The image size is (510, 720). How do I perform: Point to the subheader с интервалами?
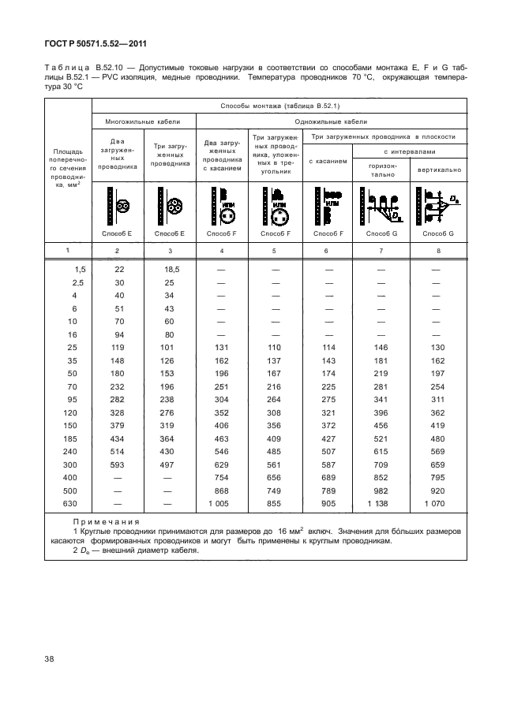point(409,151)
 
